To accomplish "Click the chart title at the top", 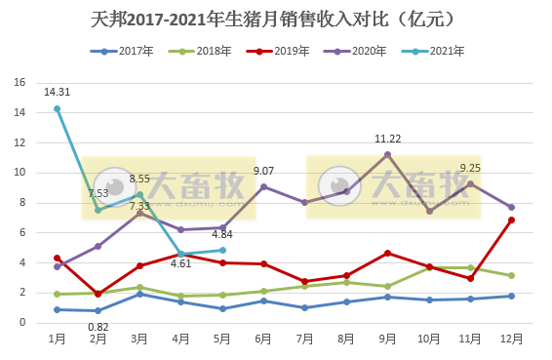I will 276,19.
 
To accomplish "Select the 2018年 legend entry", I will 212,51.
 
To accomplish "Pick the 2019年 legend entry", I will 289,51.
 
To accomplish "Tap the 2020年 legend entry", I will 367,51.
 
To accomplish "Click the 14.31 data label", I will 57,93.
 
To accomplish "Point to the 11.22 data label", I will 388,139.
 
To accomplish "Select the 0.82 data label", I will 98,327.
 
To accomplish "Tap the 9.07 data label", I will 263,171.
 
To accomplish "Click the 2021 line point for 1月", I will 57,108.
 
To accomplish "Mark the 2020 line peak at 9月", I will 388,154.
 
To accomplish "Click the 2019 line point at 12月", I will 512,220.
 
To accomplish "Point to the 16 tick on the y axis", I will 20,83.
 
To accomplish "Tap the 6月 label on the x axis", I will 263,339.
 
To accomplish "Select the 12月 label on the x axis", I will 511,339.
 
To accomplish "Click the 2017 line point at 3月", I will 139,294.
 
